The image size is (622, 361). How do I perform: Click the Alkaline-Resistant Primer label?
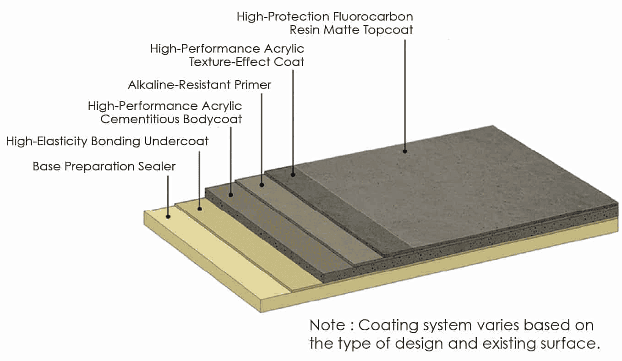pos(200,85)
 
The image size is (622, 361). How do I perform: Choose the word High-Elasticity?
pos(46,141)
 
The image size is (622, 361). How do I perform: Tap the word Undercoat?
pos(176,141)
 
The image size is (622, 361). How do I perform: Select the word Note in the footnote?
pos(327,325)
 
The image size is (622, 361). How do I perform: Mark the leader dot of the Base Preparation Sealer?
pos(168,216)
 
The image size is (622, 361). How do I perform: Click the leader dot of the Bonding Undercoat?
pos(200,208)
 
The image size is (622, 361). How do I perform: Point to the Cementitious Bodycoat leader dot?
pos(231,195)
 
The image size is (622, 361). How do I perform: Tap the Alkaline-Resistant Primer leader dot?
pos(262,185)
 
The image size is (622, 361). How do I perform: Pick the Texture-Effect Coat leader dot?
pos(293,174)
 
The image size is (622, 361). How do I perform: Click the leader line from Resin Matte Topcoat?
pos(405,92)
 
